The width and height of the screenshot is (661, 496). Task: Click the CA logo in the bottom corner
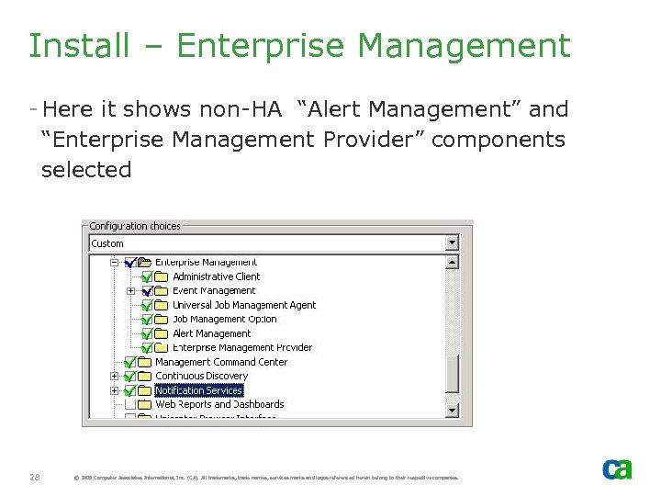[x=616, y=469]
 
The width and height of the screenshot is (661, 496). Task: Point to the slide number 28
[x=34, y=477]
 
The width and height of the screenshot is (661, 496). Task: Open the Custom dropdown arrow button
[x=452, y=243]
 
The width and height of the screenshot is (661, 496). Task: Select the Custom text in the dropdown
[x=107, y=243]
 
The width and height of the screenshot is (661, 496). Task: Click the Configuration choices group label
[x=135, y=226]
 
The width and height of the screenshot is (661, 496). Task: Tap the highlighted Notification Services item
[x=198, y=390]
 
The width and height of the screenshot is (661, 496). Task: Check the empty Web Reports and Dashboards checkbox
[x=130, y=404]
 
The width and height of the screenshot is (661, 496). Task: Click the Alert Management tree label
[x=211, y=333]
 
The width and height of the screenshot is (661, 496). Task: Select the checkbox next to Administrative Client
[x=147, y=276]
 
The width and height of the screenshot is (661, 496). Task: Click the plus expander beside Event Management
[x=130, y=291]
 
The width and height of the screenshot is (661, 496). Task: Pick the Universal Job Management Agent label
[x=244, y=305]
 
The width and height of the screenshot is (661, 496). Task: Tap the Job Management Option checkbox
[x=147, y=320]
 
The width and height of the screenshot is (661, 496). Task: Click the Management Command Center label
[x=220, y=362]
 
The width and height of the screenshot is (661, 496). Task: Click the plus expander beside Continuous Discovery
[x=115, y=376]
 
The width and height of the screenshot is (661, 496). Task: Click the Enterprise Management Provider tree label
[x=242, y=347]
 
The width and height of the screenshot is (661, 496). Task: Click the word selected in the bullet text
[x=86, y=170]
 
